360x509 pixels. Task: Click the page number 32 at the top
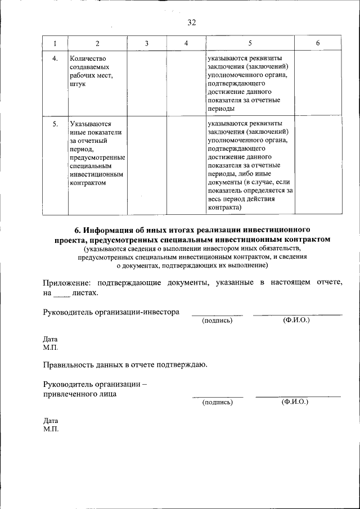point(191,22)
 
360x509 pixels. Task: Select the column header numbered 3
point(146,43)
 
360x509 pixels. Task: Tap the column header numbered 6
point(318,43)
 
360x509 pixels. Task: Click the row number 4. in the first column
point(55,58)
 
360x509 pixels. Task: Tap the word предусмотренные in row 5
point(97,157)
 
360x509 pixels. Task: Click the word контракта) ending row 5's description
point(224,208)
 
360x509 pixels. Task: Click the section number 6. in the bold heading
point(79,230)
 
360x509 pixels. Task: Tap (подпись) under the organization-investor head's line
point(217,321)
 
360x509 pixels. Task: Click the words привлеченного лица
point(80,394)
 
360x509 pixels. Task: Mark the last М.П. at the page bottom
point(51,429)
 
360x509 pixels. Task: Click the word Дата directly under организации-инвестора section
point(51,339)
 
